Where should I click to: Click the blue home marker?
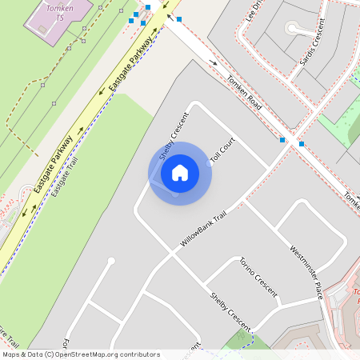(180, 173)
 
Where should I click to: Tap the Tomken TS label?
(60, 11)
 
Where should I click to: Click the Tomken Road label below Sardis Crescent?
(244, 92)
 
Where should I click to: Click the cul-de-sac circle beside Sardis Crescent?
(292, 30)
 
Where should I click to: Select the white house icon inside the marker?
(180, 173)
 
